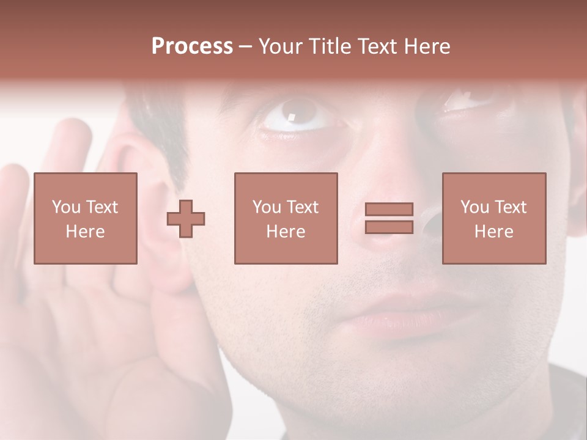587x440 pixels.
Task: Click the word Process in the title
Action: click(x=192, y=46)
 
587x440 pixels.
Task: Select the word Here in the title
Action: click(x=426, y=46)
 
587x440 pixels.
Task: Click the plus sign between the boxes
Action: click(x=186, y=219)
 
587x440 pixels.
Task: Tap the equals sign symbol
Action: click(x=389, y=219)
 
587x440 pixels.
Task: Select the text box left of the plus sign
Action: click(x=85, y=219)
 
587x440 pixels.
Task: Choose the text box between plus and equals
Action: click(x=286, y=219)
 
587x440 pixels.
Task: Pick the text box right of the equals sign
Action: click(x=493, y=219)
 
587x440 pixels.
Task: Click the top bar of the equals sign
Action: click(x=389, y=210)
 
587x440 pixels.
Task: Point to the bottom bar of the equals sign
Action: click(x=389, y=227)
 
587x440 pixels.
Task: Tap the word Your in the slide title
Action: click(x=279, y=46)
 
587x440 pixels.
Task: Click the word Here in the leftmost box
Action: click(x=85, y=232)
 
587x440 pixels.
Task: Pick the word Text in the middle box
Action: click(x=303, y=207)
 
